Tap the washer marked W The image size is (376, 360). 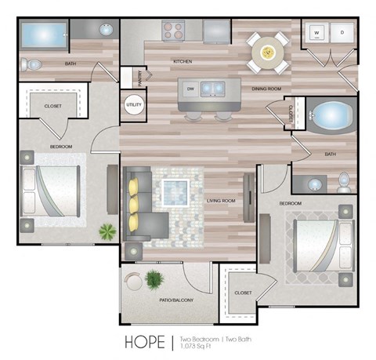tap(318, 34)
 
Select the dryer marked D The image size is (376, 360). tap(342, 34)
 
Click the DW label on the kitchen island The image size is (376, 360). tap(191, 89)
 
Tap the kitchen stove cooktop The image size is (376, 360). tap(173, 32)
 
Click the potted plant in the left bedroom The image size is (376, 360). tap(106, 231)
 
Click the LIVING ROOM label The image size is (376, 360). tap(222, 202)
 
